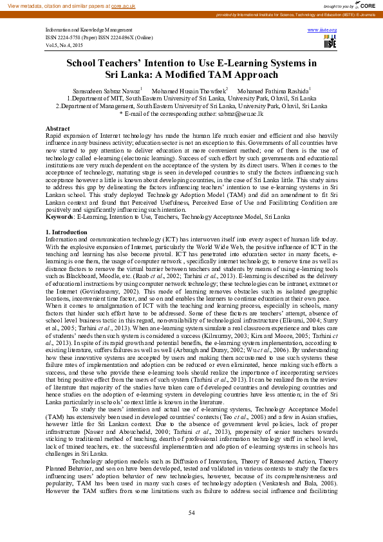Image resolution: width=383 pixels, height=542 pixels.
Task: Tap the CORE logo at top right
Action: [x=364, y=5]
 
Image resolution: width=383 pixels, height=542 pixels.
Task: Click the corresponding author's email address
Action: [x=237, y=113]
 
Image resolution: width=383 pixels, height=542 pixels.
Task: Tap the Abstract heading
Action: [x=58, y=129]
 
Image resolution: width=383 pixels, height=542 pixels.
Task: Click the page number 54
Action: [x=191, y=512]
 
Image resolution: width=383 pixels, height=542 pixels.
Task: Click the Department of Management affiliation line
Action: [x=191, y=106]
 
